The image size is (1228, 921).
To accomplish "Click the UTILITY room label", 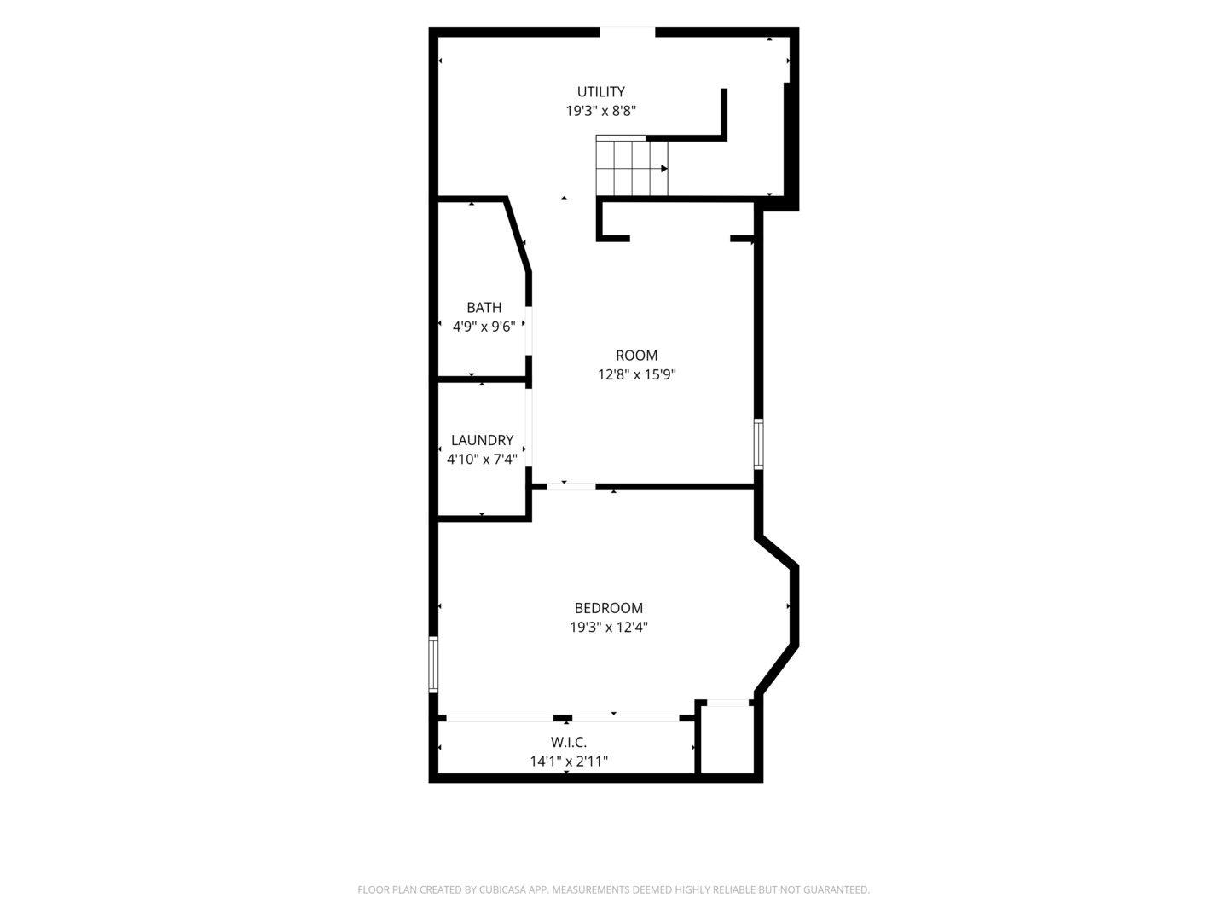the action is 601,91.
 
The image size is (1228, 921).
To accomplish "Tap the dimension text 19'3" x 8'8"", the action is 601,111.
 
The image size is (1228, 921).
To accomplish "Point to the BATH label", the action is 484,308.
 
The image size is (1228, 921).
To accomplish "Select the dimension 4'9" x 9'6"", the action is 484,327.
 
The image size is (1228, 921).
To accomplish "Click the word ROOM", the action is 637,355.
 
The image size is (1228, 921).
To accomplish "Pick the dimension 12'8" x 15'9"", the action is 637,374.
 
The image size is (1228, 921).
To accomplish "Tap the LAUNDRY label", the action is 483,440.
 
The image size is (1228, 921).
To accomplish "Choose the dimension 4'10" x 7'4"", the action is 483,460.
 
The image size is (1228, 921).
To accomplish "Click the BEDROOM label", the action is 609,608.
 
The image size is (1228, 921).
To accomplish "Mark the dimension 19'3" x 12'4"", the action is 609,628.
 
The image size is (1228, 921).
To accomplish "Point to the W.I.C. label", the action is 569,742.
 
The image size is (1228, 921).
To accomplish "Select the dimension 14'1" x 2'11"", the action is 569,762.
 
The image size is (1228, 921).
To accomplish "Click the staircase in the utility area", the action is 632,166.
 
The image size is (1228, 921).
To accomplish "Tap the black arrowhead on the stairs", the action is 664,168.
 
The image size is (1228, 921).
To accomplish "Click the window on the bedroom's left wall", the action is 433,664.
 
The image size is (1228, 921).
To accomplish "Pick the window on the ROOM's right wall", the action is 759,444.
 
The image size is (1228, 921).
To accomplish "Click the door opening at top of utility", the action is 627,32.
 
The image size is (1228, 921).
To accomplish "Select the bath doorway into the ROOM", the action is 529,331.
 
